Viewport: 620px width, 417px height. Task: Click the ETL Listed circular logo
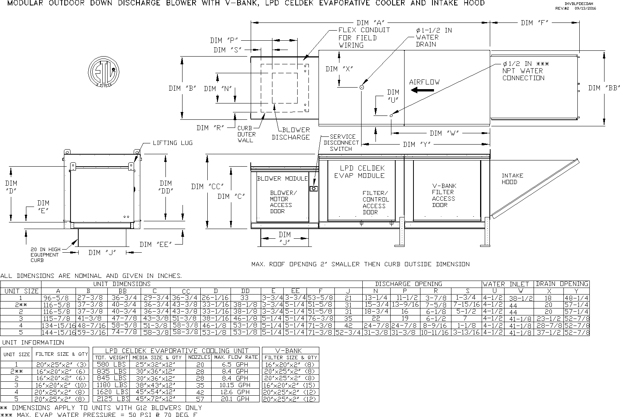point(103,72)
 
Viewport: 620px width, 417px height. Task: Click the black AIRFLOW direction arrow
point(422,90)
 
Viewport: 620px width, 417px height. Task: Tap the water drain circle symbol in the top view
point(362,88)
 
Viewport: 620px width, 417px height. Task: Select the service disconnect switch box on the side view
point(313,189)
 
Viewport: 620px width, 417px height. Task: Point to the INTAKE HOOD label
point(512,179)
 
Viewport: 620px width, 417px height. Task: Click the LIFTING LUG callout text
point(173,143)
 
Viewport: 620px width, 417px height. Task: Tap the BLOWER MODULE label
point(282,179)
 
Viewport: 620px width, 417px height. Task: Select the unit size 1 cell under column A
point(59,298)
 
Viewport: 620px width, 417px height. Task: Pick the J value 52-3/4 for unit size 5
point(348,333)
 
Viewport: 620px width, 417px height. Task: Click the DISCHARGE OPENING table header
point(408,284)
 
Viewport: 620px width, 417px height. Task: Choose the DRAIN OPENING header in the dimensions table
point(562,284)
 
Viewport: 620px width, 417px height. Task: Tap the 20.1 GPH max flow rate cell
point(235,399)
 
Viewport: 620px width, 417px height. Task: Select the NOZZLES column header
point(199,357)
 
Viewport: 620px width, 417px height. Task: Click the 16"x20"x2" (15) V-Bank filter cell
point(290,385)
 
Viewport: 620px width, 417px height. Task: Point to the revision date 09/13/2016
point(585,8)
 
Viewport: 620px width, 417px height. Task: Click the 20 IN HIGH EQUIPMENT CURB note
point(45,255)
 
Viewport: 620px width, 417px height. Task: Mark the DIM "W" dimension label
point(444,133)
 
